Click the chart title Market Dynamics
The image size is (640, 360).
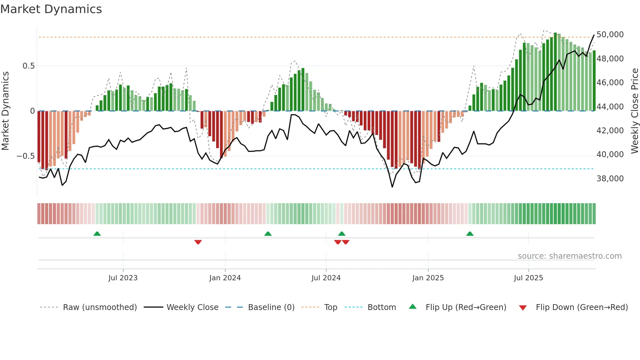click(x=51, y=9)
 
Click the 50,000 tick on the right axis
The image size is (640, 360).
click(x=610, y=35)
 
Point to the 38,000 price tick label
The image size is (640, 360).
click(x=610, y=179)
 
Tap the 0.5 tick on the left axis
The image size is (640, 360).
click(x=28, y=66)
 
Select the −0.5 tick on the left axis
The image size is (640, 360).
click(x=26, y=156)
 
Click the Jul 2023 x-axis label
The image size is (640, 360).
click(x=123, y=278)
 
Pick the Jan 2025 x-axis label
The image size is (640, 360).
click(x=428, y=278)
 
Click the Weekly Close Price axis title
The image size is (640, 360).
click(x=634, y=111)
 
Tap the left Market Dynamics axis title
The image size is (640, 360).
click(x=5, y=111)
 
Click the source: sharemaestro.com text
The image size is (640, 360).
click(x=569, y=256)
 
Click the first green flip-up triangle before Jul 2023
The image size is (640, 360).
click(x=97, y=234)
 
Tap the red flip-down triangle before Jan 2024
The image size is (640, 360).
click(x=198, y=242)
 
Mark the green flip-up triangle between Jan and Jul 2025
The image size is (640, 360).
click(x=470, y=234)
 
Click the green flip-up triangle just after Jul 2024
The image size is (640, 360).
click(x=342, y=234)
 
